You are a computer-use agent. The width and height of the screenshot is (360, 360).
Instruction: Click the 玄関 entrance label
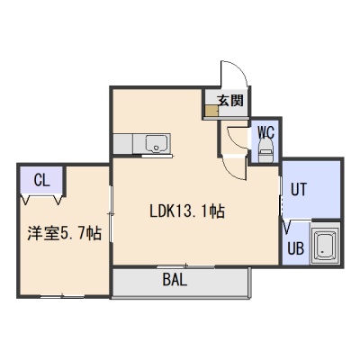pyautogui.click(x=230, y=100)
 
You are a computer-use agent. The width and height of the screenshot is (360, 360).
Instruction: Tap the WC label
pyautogui.click(x=265, y=131)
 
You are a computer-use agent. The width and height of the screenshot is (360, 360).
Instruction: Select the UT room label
pyautogui.click(x=299, y=190)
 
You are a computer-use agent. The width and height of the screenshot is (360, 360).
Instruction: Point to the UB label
pyautogui.click(x=296, y=248)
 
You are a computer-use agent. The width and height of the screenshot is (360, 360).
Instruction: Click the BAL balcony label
pyautogui.click(x=175, y=280)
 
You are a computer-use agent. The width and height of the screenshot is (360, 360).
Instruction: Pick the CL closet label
pyautogui.click(x=41, y=181)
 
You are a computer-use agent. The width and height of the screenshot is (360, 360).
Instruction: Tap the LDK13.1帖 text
pyautogui.click(x=187, y=211)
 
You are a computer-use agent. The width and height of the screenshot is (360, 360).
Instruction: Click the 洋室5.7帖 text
pyautogui.click(x=64, y=233)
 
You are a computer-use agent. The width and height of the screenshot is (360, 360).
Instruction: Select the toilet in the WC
pyautogui.click(x=265, y=150)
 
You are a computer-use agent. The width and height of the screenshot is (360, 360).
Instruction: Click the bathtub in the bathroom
pyautogui.click(x=325, y=246)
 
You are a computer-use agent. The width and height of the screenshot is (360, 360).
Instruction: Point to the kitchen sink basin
pyautogui.click(x=156, y=143)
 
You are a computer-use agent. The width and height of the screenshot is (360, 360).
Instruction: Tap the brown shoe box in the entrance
pyautogui.click(x=211, y=111)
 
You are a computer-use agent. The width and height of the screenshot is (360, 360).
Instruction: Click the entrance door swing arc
pyautogui.click(x=240, y=72)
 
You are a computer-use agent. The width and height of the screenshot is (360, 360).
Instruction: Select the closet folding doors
pyautogui.click(x=41, y=199)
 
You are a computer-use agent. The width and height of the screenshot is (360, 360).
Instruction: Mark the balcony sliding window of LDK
pyautogui.click(x=186, y=266)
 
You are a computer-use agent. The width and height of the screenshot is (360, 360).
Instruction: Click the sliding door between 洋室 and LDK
pyautogui.click(x=111, y=213)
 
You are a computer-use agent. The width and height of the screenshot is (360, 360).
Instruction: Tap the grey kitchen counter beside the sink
pyautogui.click(x=123, y=144)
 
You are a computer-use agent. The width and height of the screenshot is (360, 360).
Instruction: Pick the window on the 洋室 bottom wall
pyautogui.click(x=62, y=297)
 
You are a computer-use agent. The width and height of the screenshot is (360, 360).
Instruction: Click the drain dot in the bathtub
pyautogui.click(x=322, y=251)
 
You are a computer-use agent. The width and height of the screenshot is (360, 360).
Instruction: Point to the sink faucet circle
pyautogui.click(x=156, y=148)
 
